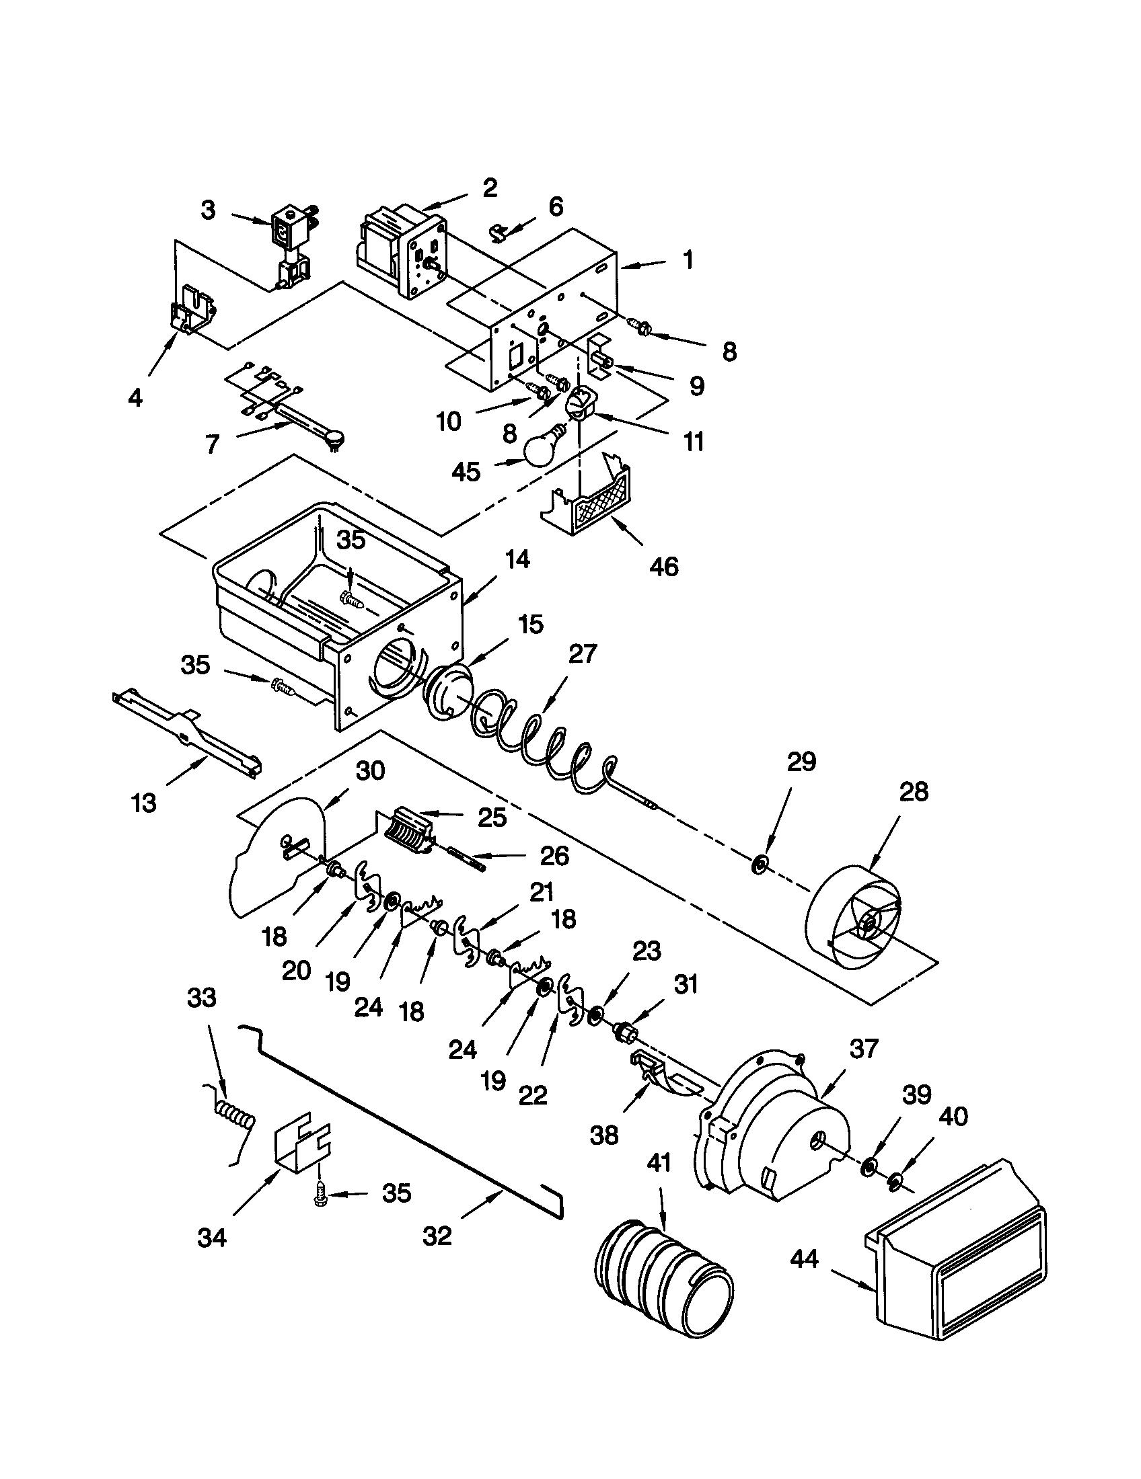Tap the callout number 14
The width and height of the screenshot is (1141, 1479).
(517, 559)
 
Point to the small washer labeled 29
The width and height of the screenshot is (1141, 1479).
(760, 863)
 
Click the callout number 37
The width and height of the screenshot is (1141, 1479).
(862, 1048)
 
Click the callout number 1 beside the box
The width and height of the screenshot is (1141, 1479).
(688, 259)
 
